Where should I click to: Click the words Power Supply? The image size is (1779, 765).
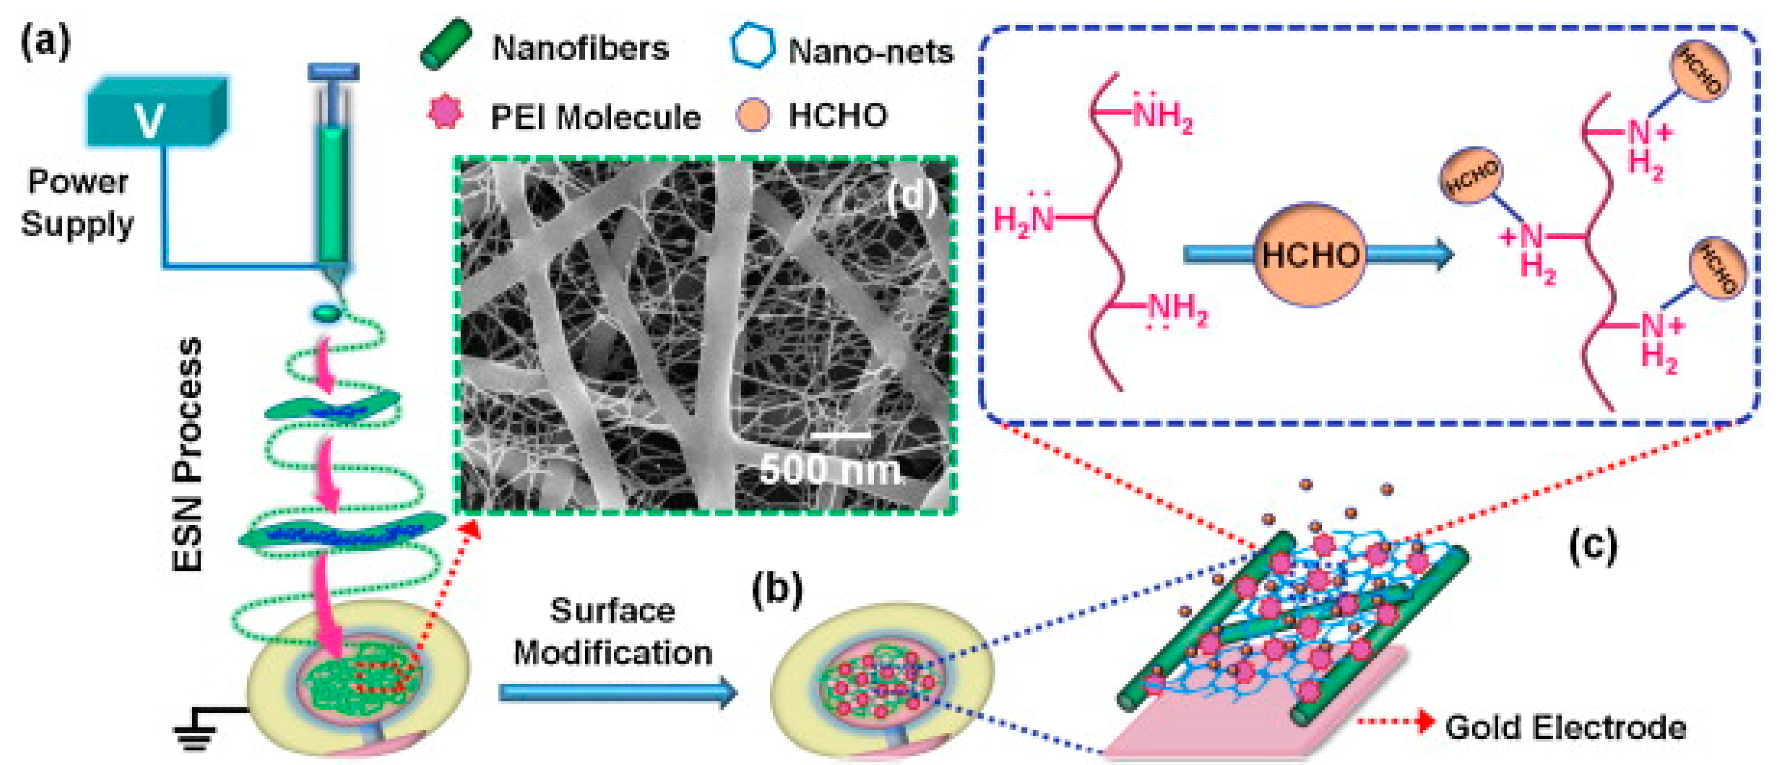(x=77, y=203)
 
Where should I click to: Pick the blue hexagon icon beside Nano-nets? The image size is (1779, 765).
(x=752, y=46)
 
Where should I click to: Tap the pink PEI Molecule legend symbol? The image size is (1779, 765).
(x=445, y=113)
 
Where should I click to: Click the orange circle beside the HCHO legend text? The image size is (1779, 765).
(x=752, y=115)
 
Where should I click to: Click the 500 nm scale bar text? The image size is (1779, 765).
(x=832, y=470)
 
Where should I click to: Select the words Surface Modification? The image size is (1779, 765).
(x=613, y=632)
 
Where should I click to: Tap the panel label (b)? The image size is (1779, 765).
(x=777, y=590)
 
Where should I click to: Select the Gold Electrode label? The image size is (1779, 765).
(x=1565, y=727)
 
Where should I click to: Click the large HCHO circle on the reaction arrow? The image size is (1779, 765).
(x=1309, y=255)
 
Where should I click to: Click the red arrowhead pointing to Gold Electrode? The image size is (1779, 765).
(x=1423, y=721)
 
